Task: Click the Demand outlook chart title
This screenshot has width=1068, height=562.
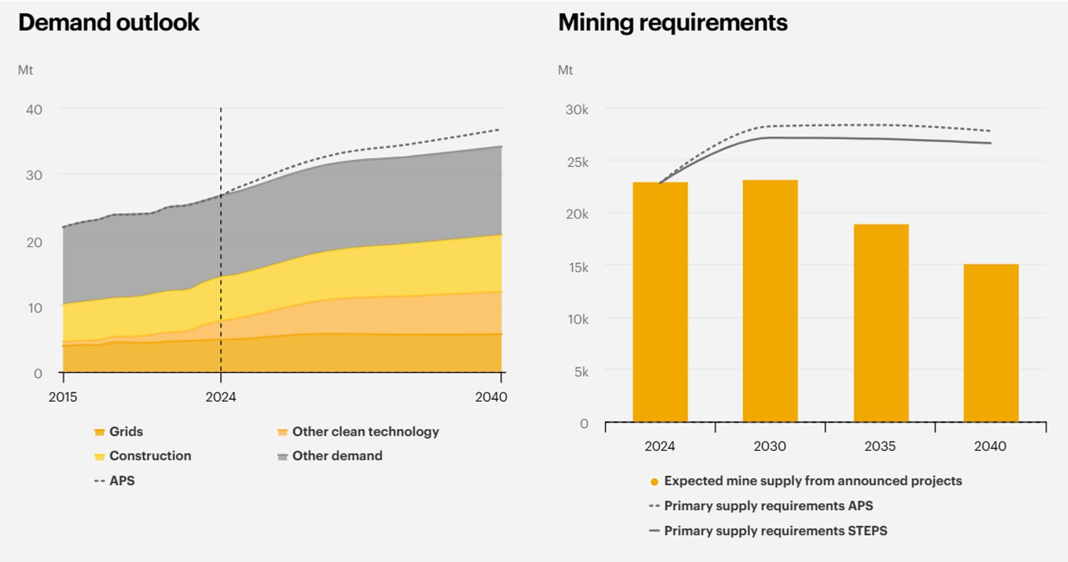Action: click(x=108, y=22)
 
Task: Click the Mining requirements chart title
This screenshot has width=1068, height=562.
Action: click(x=673, y=22)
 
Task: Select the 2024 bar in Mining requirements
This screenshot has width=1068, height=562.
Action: click(x=660, y=302)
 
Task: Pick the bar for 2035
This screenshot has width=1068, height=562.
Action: click(x=881, y=323)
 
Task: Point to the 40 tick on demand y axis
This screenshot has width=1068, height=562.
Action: click(x=34, y=110)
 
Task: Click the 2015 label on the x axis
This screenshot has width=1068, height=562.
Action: click(x=63, y=397)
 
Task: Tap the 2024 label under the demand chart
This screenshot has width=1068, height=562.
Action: click(x=221, y=397)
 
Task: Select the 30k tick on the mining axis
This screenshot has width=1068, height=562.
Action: click(x=577, y=110)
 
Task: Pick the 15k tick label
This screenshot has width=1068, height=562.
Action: click(x=578, y=267)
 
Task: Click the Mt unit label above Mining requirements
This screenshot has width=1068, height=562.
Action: click(x=565, y=70)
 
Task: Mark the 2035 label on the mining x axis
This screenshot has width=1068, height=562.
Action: click(x=880, y=446)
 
